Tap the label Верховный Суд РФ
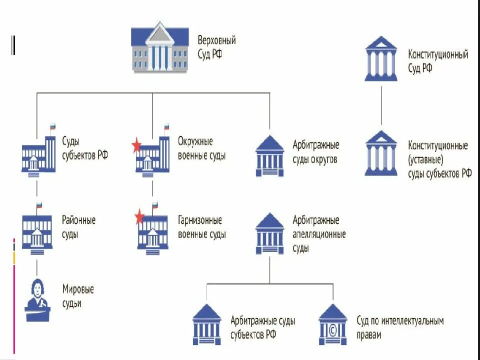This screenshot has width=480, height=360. click(x=216, y=47)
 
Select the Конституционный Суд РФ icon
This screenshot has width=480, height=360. click(x=381, y=59)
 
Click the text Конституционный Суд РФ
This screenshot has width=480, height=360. click(x=438, y=61)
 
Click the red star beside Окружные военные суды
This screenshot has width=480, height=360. click(x=136, y=146)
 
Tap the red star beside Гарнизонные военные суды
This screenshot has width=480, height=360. click(x=139, y=217)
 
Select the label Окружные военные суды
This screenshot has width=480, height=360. click(x=201, y=148)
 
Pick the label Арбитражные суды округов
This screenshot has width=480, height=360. click(x=315, y=152)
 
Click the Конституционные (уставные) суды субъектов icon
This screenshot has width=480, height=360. click(x=381, y=153)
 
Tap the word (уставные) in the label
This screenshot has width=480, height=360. click(x=426, y=160)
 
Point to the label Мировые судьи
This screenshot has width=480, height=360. click(x=78, y=296)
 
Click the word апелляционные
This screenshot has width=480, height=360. click(x=319, y=234)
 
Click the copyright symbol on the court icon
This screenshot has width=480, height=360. click(x=332, y=329)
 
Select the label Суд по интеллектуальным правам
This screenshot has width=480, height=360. click(x=400, y=328)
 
